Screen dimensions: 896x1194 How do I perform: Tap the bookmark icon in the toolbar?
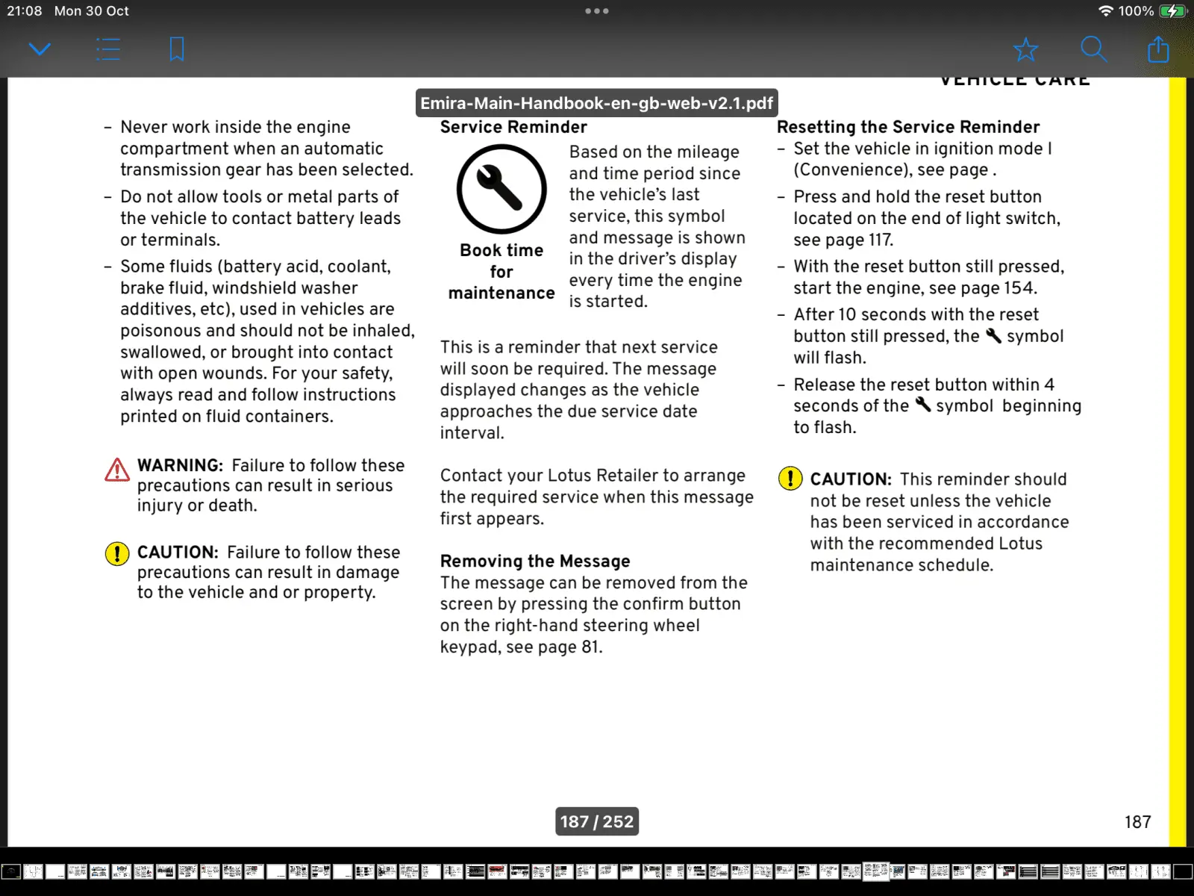tap(177, 49)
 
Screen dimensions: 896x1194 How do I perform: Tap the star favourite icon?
tap(1025, 49)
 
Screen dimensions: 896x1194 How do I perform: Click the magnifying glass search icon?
tap(1093, 49)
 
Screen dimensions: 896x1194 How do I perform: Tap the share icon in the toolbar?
tap(1158, 49)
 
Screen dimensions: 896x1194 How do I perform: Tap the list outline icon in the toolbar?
tap(108, 49)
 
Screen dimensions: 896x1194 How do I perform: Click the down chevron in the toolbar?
tap(40, 49)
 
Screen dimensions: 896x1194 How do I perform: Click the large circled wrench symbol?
tap(501, 189)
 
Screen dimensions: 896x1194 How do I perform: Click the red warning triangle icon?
tap(117, 470)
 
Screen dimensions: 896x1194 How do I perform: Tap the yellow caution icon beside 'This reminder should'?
tap(790, 478)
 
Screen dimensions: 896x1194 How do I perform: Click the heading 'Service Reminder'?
tap(513, 127)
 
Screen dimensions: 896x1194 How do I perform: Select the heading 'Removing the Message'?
tap(535, 561)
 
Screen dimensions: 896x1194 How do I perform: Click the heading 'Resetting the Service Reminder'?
tap(908, 127)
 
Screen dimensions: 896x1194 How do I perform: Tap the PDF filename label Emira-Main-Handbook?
tap(596, 103)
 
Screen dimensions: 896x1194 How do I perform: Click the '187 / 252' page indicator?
tap(596, 821)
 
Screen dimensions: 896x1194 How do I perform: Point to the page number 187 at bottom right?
tap(1137, 821)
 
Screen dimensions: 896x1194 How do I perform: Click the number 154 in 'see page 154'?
tap(1019, 288)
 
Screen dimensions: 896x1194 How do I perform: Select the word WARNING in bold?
tap(180, 465)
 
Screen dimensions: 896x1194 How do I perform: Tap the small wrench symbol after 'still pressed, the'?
tap(993, 336)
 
